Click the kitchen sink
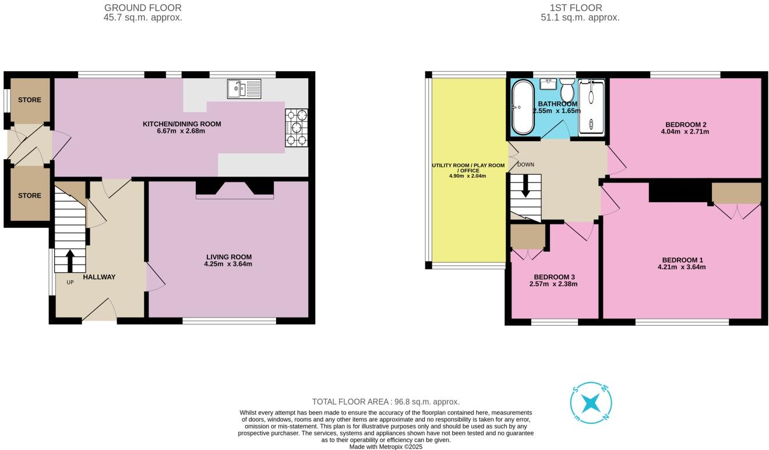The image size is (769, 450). (245, 89)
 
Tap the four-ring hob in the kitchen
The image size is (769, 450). (297, 128)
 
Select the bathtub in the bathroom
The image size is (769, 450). (521, 107)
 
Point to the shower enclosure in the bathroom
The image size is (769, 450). (592, 107)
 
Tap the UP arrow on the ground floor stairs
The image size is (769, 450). (70, 261)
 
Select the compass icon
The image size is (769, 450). (591, 403)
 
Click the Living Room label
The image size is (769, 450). (228, 256)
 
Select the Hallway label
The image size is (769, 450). (99, 277)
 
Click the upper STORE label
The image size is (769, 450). (29, 100)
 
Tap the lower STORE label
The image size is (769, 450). (29, 195)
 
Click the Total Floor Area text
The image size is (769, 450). (386, 402)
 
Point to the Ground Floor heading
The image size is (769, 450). (143, 8)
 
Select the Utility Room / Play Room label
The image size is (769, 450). (468, 166)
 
